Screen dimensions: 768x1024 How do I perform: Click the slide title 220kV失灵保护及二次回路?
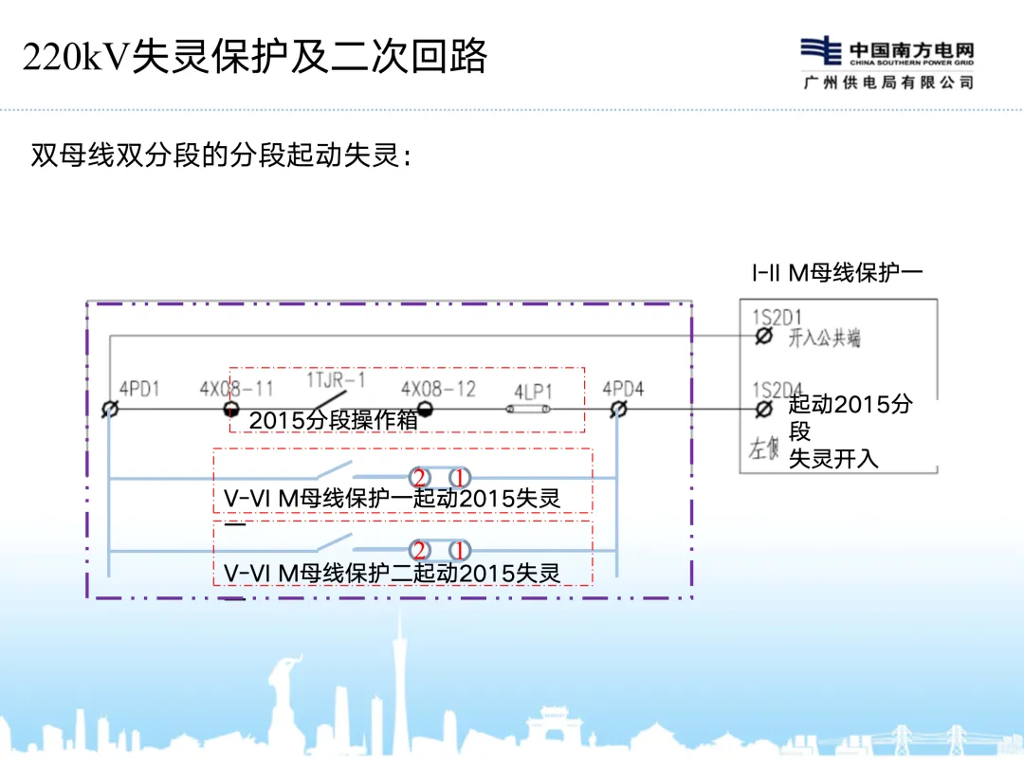[x=254, y=58]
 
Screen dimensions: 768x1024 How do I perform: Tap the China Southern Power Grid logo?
[x=887, y=64]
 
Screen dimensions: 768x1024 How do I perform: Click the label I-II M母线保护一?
[x=837, y=273]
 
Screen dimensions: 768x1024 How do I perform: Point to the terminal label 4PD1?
[x=139, y=390]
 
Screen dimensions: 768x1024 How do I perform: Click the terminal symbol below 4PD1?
[x=110, y=409]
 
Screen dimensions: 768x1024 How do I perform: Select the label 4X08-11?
[x=236, y=389]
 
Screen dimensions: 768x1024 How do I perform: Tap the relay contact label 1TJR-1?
[x=336, y=380]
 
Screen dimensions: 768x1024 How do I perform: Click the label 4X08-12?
[x=438, y=389]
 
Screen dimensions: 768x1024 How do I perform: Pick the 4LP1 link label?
[x=534, y=391]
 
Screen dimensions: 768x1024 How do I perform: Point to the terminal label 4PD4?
[x=623, y=389]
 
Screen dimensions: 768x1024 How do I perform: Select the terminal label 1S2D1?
[x=777, y=317]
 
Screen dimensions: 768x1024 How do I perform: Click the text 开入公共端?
[x=824, y=338]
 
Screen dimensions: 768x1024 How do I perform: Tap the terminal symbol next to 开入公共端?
[x=763, y=337]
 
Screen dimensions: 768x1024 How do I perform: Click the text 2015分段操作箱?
[x=334, y=421]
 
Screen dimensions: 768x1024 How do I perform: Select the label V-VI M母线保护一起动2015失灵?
[x=392, y=499]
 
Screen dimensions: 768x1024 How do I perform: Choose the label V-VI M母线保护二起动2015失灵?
[x=392, y=573]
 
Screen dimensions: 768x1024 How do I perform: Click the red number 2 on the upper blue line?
[x=418, y=477]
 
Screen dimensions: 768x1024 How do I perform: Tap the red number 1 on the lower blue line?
[x=459, y=550]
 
